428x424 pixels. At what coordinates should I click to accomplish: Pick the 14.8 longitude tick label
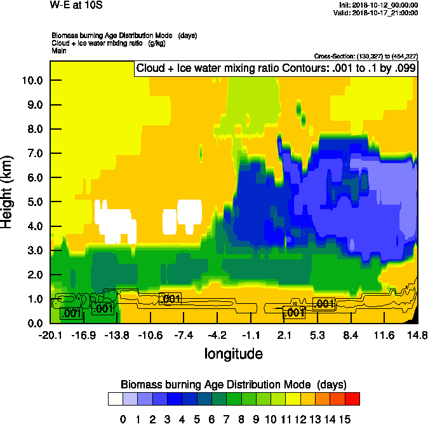(417, 335)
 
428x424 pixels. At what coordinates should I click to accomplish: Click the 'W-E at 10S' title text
(76, 5)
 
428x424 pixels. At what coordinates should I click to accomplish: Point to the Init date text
(379, 5)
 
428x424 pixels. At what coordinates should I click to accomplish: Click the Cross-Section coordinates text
(366, 56)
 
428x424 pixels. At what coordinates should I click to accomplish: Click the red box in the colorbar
(352, 399)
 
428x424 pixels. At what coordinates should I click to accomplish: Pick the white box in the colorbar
(115, 399)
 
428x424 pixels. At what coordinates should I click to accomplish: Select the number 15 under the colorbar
(344, 419)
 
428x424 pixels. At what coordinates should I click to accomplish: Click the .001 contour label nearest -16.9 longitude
(70, 313)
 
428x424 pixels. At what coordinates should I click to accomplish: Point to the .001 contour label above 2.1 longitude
(294, 312)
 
